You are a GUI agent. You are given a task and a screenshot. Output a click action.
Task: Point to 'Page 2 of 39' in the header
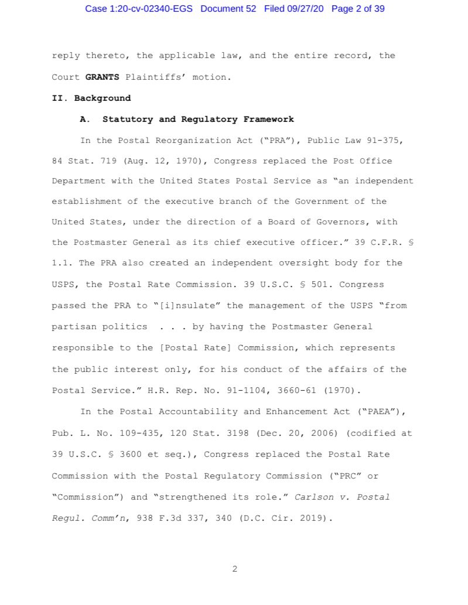(x=358, y=9)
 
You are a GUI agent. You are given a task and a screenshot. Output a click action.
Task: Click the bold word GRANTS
(x=103, y=77)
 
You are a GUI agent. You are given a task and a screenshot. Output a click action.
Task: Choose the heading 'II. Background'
(x=91, y=98)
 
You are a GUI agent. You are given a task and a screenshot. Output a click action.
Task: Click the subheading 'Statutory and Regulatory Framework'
(x=198, y=119)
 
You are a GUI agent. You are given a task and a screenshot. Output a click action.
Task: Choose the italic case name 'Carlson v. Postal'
(x=342, y=497)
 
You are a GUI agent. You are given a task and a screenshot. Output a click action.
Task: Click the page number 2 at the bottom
(x=234, y=569)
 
